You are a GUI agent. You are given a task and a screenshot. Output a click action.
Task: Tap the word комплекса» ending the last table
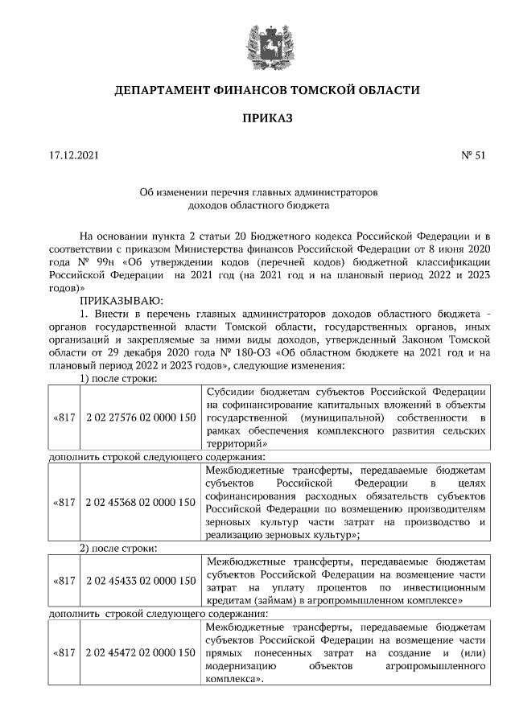[234, 680]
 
